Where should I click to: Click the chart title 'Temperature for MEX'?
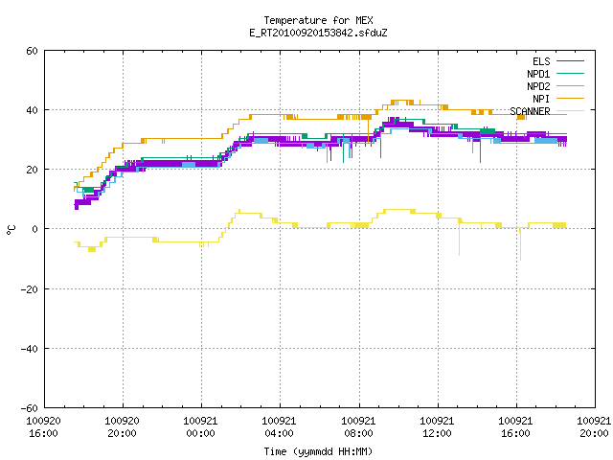(318, 20)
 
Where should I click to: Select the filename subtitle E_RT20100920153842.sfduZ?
(318, 33)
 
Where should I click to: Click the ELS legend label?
(541, 61)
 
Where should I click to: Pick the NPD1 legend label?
(538, 74)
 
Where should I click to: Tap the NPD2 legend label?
(538, 86)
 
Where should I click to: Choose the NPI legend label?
(541, 99)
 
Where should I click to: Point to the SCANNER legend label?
(530, 111)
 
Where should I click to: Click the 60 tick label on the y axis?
(32, 51)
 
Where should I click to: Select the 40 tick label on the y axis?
(32, 110)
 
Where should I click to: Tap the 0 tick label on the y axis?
(34, 229)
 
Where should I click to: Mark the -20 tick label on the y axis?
(29, 289)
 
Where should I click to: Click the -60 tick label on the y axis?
(29, 408)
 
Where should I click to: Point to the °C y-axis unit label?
(11, 230)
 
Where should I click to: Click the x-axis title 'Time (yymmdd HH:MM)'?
(318, 451)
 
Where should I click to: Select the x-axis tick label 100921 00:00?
(200, 427)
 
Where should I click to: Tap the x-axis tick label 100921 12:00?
(437, 427)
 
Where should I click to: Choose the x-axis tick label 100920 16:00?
(43, 427)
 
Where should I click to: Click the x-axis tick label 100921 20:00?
(594, 427)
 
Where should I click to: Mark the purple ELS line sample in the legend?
(570, 61)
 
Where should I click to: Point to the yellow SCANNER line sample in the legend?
(570, 111)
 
